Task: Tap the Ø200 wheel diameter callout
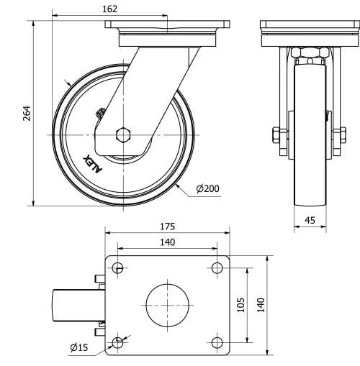click(207, 189)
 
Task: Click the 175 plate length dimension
click(167, 226)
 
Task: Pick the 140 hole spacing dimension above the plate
click(167, 243)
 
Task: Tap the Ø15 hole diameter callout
click(79, 347)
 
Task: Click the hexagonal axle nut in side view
click(123, 134)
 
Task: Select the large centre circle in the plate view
click(167, 305)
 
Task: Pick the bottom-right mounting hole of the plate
click(216, 342)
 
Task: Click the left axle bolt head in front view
click(276, 135)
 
